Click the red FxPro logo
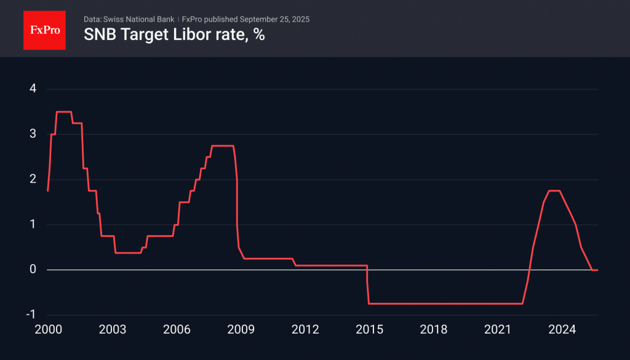click(x=44, y=30)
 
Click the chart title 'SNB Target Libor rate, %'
click(x=174, y=35)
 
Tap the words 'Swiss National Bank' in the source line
click(x=138, y=19)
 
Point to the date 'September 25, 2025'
click(x=274, y=19)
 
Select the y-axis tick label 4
click(x=33, y=89)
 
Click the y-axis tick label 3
click(x=33, y=134)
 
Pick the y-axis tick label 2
click(x=33, y=179)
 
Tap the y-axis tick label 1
click(x=33, y=225)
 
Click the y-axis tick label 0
click(x=33, y=270)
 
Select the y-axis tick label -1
click(x=31, y=315)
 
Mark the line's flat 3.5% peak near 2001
click(x=64, y=111)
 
